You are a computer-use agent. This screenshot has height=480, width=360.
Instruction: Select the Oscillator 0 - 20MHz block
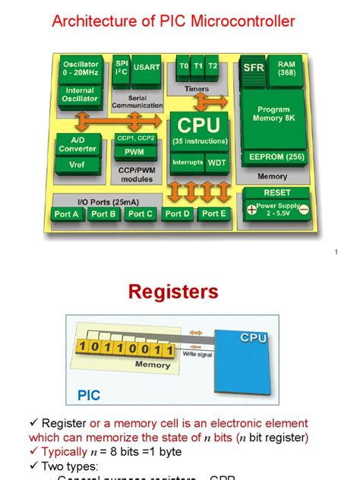tap(80, 69)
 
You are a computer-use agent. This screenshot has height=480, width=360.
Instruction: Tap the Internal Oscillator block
tap(80, 95)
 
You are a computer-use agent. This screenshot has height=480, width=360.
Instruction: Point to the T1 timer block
tap(197, 66)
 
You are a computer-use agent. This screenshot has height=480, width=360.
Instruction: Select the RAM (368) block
tap(286, 68)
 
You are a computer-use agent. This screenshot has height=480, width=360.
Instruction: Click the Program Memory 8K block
tap(273, 115)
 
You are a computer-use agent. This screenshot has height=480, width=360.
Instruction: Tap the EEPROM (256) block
tap(273, 157)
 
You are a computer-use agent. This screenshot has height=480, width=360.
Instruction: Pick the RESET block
tap(276, 192)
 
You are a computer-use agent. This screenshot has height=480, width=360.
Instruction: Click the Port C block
tap(140, 214)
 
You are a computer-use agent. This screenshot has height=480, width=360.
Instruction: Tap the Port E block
tap(213, 214)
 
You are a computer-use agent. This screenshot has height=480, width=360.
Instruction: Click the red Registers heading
tap(172, 292)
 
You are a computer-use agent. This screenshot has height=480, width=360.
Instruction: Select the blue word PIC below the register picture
tap(89, 396)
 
